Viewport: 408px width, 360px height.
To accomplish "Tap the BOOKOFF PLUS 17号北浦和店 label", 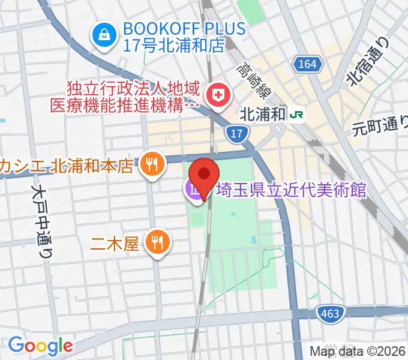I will click(x=184, y=36).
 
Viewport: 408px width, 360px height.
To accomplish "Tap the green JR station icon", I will click(x=296, y=114).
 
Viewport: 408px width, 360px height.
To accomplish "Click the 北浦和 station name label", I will click(x=262, y=114).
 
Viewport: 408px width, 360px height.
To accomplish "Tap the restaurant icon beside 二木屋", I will click(x=158, y=242).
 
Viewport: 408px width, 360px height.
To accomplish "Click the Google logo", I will click(x=40, y=346).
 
